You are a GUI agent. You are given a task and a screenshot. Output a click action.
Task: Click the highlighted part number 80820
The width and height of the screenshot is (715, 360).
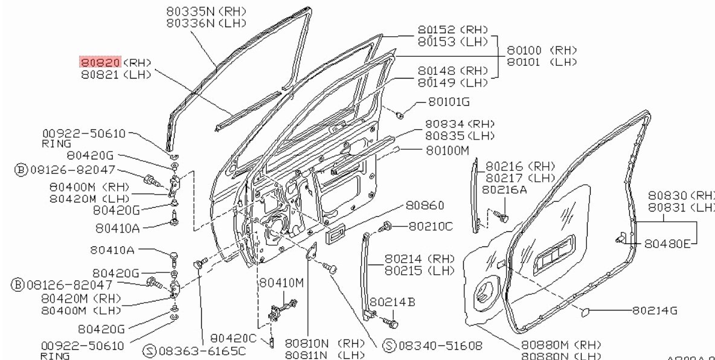click(x=101, y=62)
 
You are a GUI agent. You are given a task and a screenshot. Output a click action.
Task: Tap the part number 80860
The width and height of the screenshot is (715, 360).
click(x=425, y=205)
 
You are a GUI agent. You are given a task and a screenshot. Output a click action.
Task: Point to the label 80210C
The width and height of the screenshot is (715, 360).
click(x=431, y=226)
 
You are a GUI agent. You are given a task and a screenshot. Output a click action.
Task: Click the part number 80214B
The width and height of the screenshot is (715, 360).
click(x=393, y=301)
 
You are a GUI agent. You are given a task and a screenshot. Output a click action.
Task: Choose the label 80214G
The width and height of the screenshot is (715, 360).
click(x=655, y=310)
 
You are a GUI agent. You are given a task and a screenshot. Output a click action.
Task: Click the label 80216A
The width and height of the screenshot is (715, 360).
click(x=504, y=190)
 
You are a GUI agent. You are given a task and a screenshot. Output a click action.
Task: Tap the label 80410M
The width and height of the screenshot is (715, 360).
click(x=281, y=282)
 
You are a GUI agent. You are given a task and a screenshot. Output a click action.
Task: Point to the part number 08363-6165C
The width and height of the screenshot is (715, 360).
click(x=202, y=350)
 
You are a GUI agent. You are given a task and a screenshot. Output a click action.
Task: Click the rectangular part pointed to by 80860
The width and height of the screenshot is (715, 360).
click(x=336, y=234)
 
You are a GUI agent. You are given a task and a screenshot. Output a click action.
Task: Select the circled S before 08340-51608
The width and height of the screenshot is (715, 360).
click(x=390, y=346)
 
